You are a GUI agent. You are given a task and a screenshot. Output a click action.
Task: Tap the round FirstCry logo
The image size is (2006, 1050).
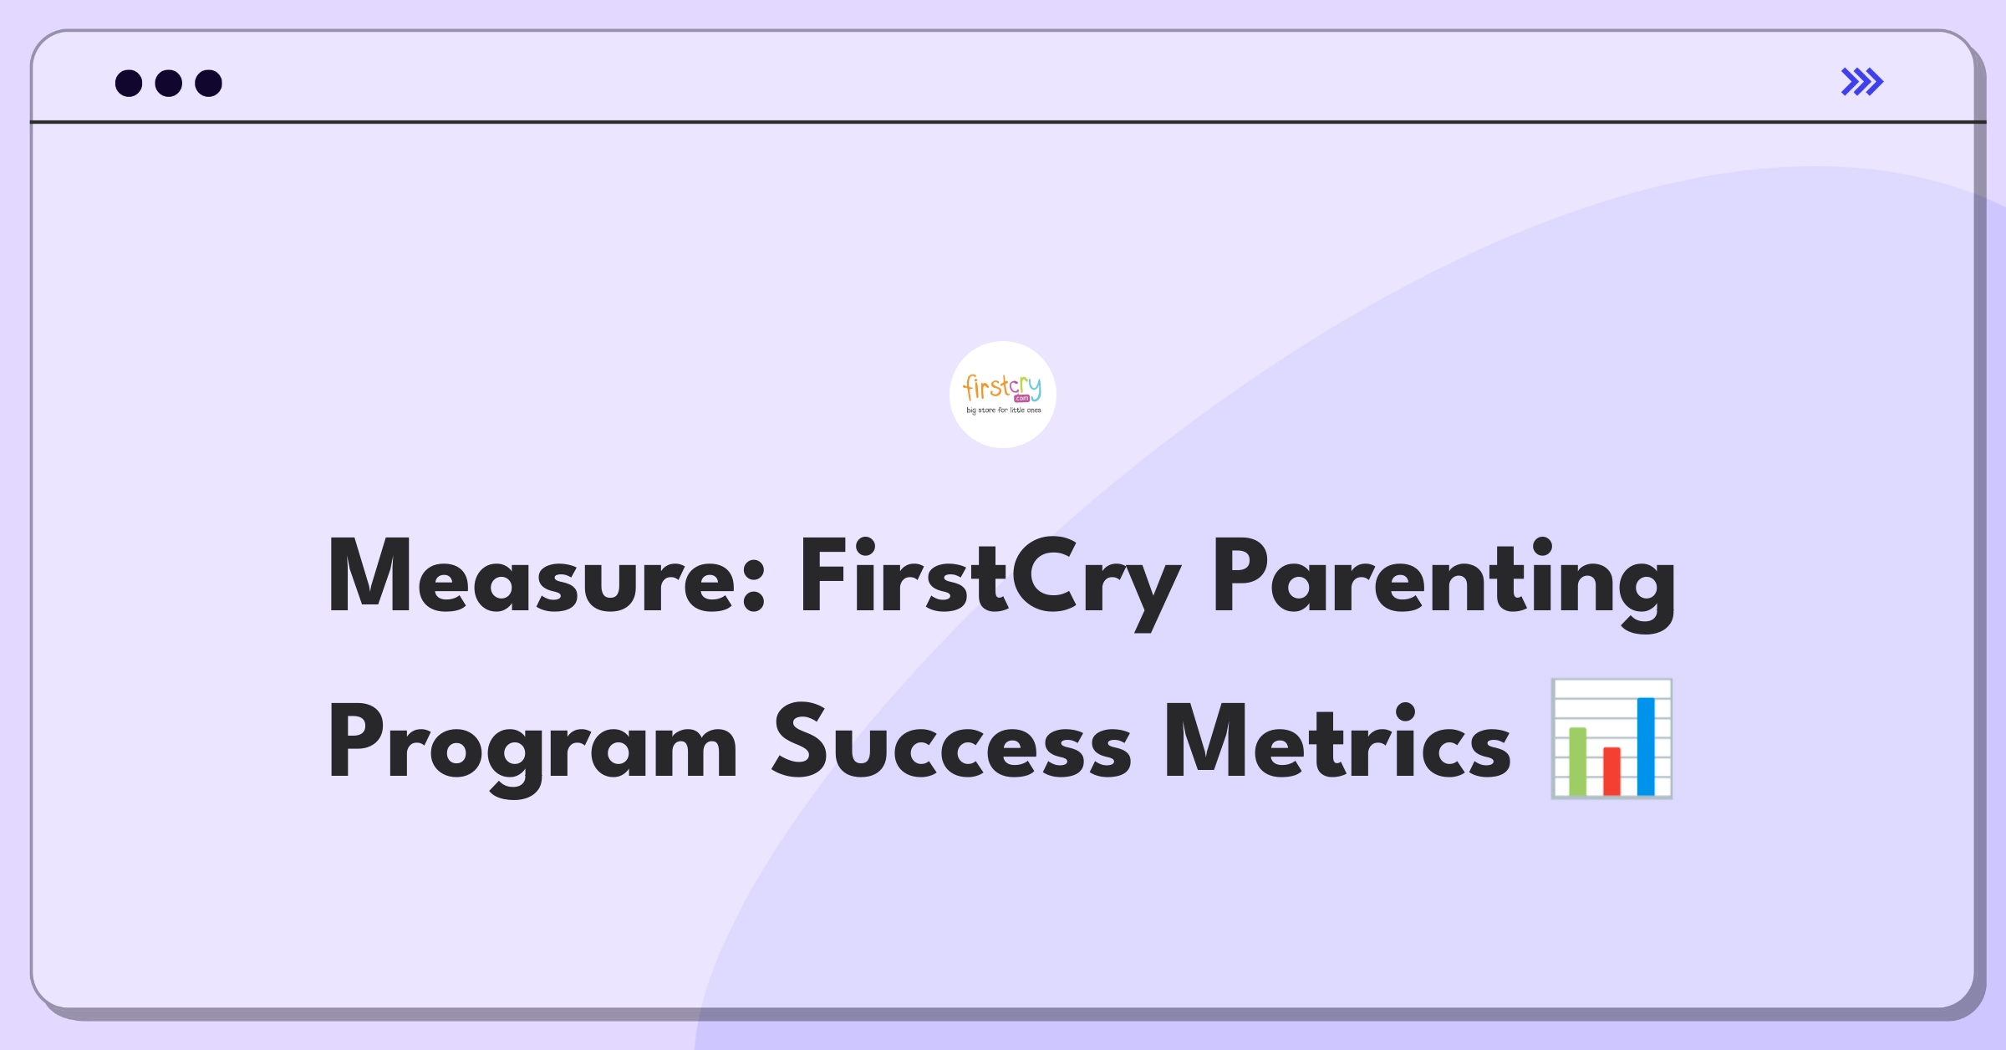pos(1003,395)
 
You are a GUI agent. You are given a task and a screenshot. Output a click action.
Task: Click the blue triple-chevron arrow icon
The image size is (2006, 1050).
pos(1862,82)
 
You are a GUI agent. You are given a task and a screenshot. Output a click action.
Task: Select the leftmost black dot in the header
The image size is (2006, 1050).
pos(129,83)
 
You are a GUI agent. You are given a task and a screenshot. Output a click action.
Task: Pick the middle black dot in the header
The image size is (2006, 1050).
pos(169,83)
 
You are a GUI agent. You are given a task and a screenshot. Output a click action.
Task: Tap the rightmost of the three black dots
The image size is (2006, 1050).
pos(209,83)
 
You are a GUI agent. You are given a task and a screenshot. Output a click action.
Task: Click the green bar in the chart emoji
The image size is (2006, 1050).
pos(1578,762)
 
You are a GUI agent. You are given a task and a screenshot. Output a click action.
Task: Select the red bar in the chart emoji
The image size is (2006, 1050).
pos(1611,772)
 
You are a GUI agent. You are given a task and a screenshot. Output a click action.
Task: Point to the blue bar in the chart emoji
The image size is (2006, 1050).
pos(1646,747)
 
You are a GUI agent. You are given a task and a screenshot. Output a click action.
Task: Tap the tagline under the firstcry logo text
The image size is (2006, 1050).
pos(1004,410)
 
